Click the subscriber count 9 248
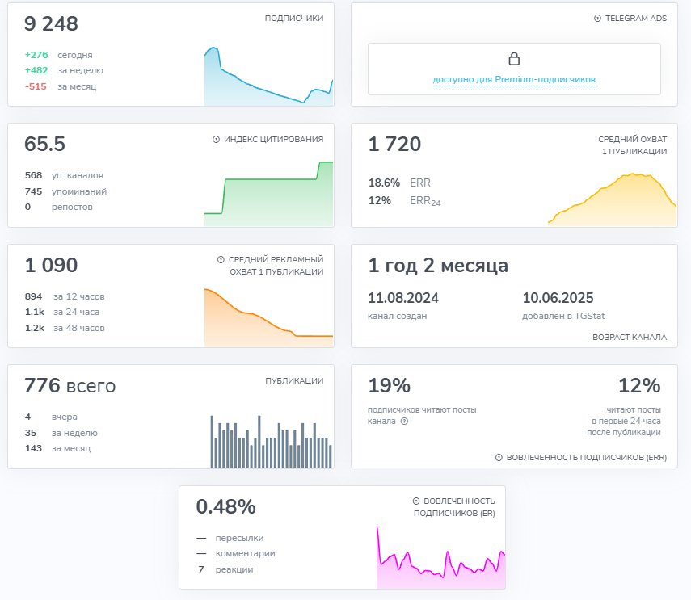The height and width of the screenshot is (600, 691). [51, 24]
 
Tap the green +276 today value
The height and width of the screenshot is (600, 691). [36, 55]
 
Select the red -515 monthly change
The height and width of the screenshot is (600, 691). [36, 86]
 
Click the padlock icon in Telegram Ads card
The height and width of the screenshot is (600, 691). [514, 59]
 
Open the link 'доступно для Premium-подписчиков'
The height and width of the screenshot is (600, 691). [514, 80]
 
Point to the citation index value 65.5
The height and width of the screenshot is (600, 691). [45, 145]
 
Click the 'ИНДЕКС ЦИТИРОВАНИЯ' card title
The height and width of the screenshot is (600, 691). [273, 140]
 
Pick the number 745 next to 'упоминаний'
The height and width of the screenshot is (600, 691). [33, 191]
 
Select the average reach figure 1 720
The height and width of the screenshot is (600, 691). [394, 145]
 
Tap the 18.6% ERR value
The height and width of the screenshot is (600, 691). [384, 183]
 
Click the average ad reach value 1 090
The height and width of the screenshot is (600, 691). [51, 266]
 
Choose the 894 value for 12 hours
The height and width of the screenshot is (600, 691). [34, 296]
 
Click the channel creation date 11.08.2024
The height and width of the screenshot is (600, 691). [402, 298]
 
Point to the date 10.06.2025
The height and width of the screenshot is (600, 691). [558, 298]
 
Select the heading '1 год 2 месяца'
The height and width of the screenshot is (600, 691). [438, 266]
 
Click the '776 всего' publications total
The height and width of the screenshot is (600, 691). [70, 387]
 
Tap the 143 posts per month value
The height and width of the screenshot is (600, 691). [33, 448]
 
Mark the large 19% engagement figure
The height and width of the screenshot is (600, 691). [390, 386]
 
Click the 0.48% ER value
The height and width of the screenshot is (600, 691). [225, 507]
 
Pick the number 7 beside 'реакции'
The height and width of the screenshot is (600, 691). [200, 569]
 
